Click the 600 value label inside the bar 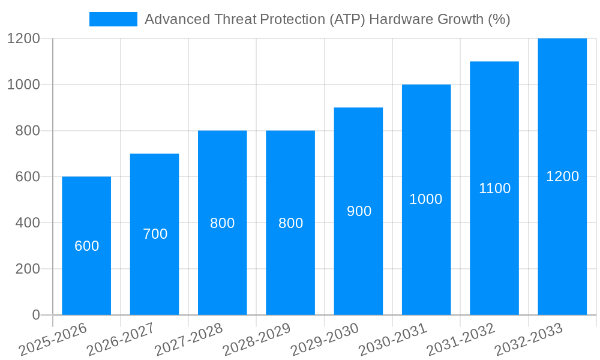point(86,246)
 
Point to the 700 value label point(155,234)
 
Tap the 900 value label point(359,211)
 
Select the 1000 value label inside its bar point(426,199)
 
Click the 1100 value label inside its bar point(494,188)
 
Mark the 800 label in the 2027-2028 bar point(223,223)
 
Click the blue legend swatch point(113,19)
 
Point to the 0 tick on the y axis point(35,315)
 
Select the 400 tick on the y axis point(28,223)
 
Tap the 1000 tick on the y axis point(23,85)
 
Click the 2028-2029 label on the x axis point(257,340)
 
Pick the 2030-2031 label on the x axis point(393,340)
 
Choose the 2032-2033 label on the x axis point(529,340)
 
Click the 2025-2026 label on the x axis point(53,340)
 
